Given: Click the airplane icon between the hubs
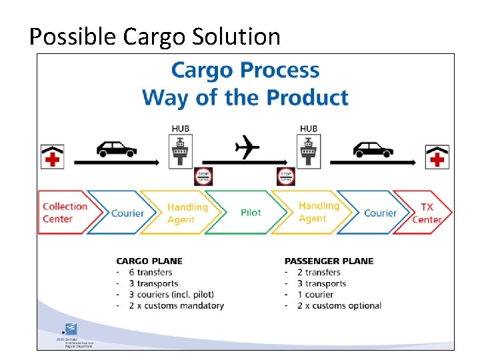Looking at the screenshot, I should [x=247, y=147].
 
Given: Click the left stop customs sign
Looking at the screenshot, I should [x=203, y=177].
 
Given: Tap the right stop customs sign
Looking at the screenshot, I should [x=286, y=177].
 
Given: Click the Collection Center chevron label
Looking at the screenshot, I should [x=65, y=213].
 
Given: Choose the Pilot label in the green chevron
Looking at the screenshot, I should [x=251, y=213].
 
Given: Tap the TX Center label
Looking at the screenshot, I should [x=427, y=213].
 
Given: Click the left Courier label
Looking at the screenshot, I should [x=127, y=213].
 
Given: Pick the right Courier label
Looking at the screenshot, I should [x=380, y=213].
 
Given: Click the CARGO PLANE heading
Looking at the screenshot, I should [x=149, y=261].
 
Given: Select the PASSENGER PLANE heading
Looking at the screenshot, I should [x=329, y=261].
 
